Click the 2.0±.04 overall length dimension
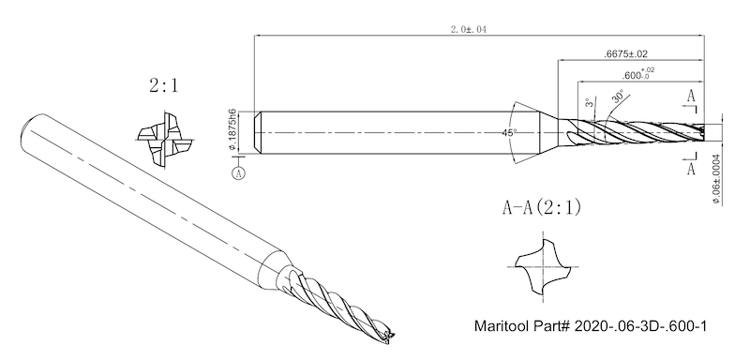click(468, 30)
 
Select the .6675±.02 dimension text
click(625, 54)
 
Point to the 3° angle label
click(591, 102)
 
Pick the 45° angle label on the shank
click(510, 132)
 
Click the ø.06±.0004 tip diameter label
click(717, 179)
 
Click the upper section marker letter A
click(691, 97)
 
